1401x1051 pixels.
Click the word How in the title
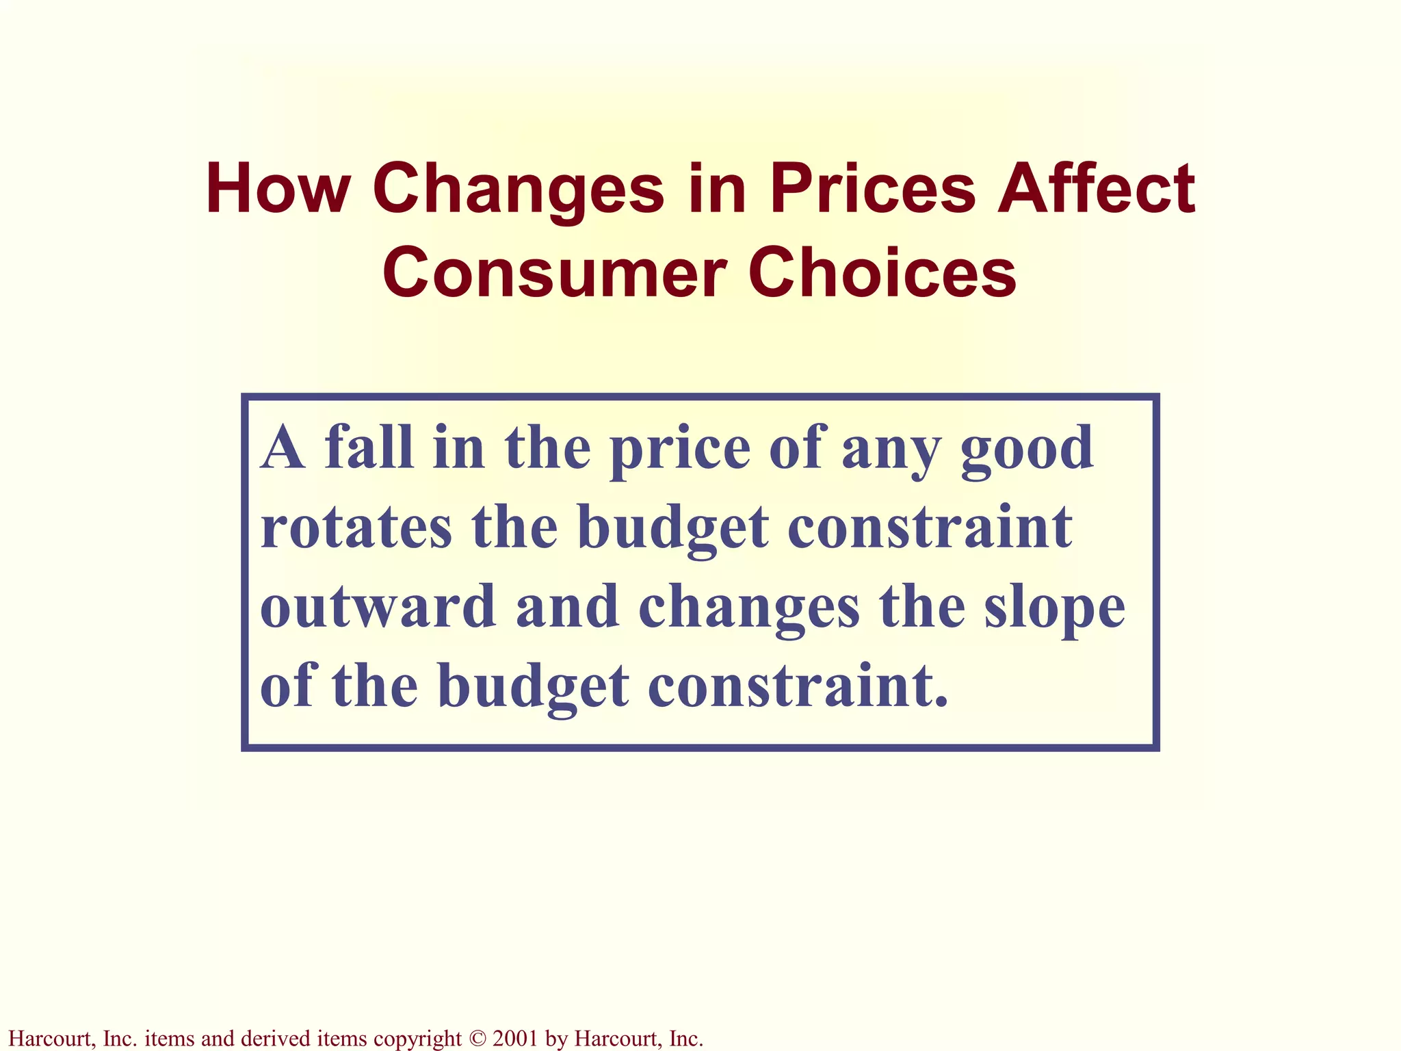(278, 189)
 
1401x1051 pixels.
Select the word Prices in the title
(873, 189)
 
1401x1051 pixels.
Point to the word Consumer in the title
(554, 274)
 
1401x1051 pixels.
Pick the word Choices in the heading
(882, 274)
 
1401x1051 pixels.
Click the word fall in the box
(369, 448)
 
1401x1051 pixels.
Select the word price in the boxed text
(680, 452)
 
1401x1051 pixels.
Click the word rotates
(356, 528)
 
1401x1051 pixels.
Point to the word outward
(378, 607)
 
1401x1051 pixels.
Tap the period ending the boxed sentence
(943, 702)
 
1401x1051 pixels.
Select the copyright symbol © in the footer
(477, 1039)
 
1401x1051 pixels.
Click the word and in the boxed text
(567, 607)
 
